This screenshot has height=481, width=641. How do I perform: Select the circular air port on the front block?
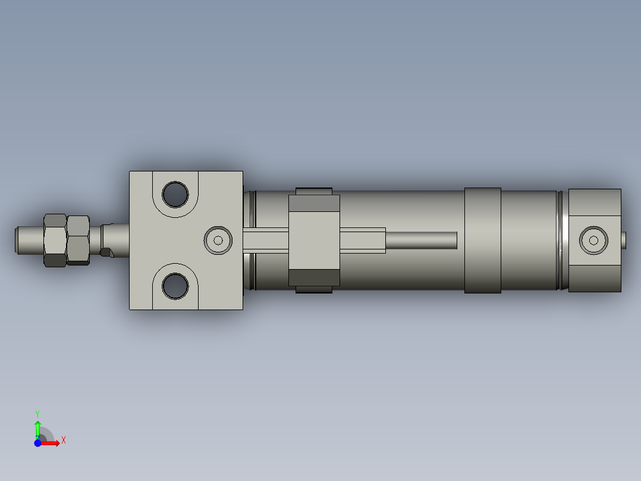[218, 240]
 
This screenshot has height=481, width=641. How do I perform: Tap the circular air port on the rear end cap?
[593, 240]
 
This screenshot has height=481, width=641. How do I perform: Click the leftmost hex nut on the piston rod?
[55, 240]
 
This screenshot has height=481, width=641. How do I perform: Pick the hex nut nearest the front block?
[78, 240]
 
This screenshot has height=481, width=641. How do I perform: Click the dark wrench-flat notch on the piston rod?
[107, 252]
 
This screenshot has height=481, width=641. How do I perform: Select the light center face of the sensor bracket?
[313, 240]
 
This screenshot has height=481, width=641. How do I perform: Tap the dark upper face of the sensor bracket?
[313, 204]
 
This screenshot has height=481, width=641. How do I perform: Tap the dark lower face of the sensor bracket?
[313, 277]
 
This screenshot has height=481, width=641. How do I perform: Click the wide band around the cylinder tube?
[482, 240]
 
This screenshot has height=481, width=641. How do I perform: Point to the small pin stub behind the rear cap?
[624, 240]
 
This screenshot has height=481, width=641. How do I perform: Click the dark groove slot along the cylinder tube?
[421, 240]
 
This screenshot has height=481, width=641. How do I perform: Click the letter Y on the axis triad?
[37, 413]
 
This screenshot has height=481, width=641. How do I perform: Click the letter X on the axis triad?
[64, 441]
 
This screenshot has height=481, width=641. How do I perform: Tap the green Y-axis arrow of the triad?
[37, 427]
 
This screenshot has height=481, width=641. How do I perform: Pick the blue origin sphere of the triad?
[38, 443]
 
